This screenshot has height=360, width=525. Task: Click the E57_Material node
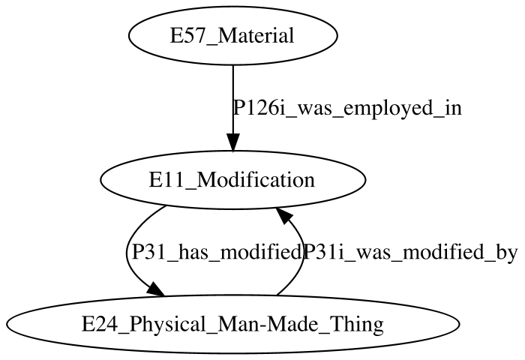[233, 35]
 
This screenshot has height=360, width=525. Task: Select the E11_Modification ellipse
[233, 180]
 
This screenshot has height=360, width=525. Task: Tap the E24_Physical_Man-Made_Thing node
[233, 324]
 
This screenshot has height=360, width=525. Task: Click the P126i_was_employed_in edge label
[347, 109]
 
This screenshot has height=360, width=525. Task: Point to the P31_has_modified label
[216, 252]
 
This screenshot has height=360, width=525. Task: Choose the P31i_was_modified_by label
[410, 253]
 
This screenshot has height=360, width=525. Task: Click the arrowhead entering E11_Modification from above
[233, 142]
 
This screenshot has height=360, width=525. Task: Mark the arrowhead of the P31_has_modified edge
[156, 289]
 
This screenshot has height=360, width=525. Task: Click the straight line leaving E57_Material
[233, 100]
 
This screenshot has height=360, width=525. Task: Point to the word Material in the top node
[256, 35]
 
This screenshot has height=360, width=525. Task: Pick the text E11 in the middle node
[165, 180]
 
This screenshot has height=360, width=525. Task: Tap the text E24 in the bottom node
[98, 325]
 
